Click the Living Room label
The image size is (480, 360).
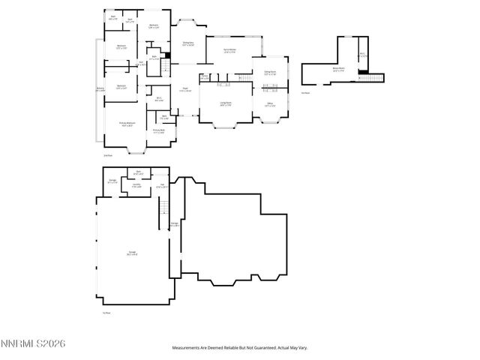point(225,104)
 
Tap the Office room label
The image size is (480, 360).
point(269,104)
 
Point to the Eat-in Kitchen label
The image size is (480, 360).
point(230,50)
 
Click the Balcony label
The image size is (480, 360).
point(100,89)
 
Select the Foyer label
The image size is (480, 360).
point(184,90)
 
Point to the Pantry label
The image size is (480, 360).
point(205,76)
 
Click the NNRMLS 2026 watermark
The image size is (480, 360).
point(34,343)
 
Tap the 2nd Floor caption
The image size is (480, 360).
point(107,155)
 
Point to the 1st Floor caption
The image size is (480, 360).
point(107,313)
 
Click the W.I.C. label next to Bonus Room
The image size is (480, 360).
point(362,55)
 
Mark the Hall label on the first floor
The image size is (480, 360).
point(161,185)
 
